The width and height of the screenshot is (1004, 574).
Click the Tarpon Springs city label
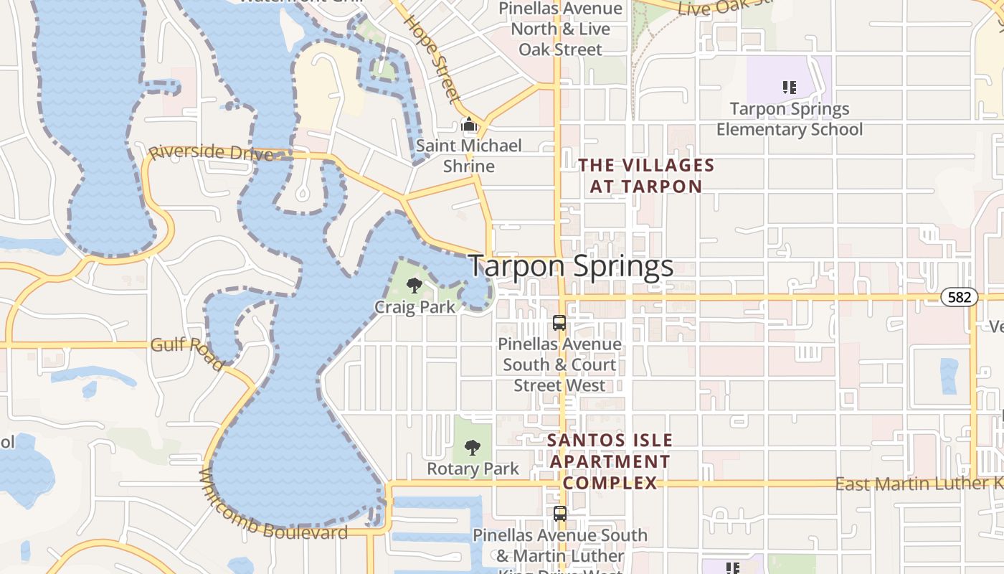(x=571, y=266)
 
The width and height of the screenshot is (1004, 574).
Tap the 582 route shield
(x=960, y=297)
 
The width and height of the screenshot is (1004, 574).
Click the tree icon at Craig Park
(x=414, y=286)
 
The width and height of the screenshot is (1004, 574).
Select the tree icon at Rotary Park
(x=472, y=448)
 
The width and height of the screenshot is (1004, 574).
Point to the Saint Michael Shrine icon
(x=469, y=125)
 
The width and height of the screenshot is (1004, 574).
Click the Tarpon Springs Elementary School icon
(x=789, y=88)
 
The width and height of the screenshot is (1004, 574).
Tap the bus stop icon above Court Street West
(x=559, y=323)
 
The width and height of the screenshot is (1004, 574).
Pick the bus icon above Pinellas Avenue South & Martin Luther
(x=559, y=514)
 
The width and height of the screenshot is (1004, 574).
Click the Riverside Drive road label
(x=210, y=153)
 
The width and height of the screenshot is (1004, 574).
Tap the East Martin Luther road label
(x=918, y=484)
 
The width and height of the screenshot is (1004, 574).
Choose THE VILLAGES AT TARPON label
(x=646, y=176)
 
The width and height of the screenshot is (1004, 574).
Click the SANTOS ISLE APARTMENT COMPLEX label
(x=610, y=461)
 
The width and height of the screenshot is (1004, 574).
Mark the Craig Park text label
(x=415, y=307)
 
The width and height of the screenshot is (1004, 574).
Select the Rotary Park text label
(x=473, y=469)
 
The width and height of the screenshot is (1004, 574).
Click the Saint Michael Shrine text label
(x=469, y=156)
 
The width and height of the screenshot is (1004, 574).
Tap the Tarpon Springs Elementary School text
(x=790, y=119)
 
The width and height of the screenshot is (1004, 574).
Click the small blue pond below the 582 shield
(x=949, y=376)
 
